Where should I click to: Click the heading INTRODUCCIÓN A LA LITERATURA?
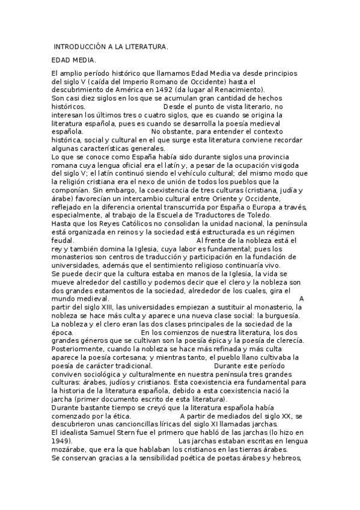(x=111, y=47)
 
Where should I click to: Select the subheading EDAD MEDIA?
(x=74, y=60)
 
